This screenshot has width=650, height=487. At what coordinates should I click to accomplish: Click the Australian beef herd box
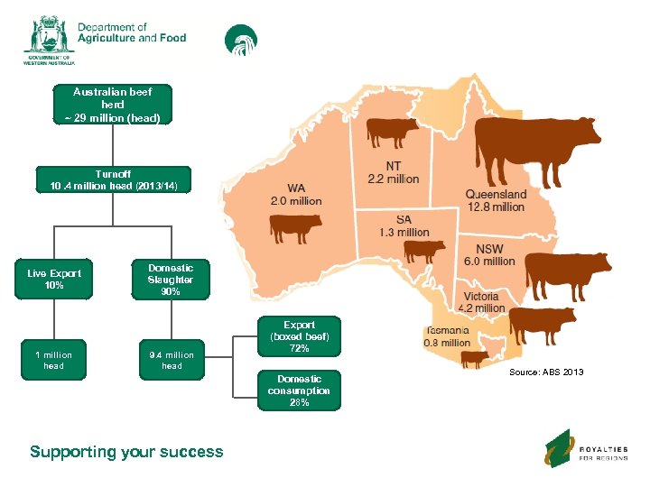point(113,105)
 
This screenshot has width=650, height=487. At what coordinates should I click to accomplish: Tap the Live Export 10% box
point(54,280)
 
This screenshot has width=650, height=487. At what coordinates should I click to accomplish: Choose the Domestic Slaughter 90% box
point(172,280)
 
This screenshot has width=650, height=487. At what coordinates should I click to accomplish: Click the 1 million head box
point(54,360)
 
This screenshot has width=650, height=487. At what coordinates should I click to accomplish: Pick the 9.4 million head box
point(172,360)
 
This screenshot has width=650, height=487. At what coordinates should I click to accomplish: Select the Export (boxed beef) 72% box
point(300,336)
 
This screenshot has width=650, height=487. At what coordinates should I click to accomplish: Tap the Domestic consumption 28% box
point(300,391)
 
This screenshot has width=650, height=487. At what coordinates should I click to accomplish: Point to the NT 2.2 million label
point(394,172)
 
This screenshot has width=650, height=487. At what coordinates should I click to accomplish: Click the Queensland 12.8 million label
point(495,200)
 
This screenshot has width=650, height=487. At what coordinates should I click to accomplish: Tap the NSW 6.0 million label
point(489,254)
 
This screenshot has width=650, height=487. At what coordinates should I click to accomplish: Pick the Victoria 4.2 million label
point(484,302)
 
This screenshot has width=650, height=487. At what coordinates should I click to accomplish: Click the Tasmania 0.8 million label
point(446,336)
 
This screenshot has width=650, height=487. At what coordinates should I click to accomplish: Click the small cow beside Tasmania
point(474,359)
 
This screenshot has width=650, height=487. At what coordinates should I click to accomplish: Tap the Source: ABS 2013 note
point(546,372)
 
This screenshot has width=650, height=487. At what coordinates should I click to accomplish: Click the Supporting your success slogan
point(126,452)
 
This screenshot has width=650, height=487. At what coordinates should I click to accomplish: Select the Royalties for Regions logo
point(586,449)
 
